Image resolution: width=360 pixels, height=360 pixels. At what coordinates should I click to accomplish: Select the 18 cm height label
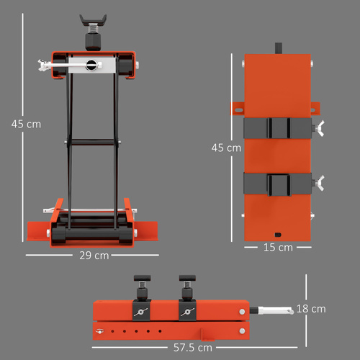pos(311,308)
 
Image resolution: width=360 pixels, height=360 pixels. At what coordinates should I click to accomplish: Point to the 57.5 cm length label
pos(193,347)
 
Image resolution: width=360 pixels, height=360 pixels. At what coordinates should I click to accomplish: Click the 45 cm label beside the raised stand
pos(26,124)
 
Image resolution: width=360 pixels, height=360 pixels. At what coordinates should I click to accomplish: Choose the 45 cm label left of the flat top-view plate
pos(225,148)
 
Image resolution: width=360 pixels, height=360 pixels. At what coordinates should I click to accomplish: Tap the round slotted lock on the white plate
pos(91,65)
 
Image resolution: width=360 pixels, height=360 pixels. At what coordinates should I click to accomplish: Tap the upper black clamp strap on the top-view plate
pos(277,128)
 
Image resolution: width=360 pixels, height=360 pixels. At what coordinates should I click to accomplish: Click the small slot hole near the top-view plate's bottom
pos(278,233)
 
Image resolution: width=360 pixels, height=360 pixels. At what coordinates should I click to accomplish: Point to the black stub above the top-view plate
pos(277,49)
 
